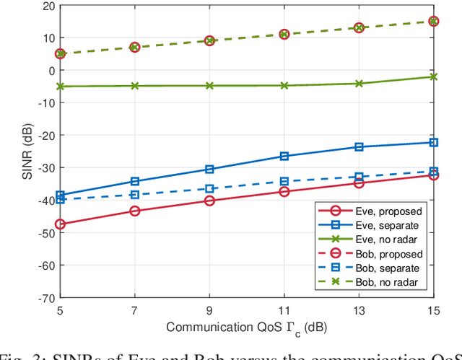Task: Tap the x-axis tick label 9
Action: [209, 309]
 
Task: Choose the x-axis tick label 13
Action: [359, 309]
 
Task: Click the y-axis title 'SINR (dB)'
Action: [24, 151]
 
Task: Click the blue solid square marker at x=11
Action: [284, 156]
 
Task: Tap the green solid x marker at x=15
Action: [433, 76]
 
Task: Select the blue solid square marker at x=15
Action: [433, 142]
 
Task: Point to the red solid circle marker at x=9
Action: [209, 201]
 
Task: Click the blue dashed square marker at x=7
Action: [135, 195]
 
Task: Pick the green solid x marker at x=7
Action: [135, 86]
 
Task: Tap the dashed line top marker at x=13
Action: [359, 27]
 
